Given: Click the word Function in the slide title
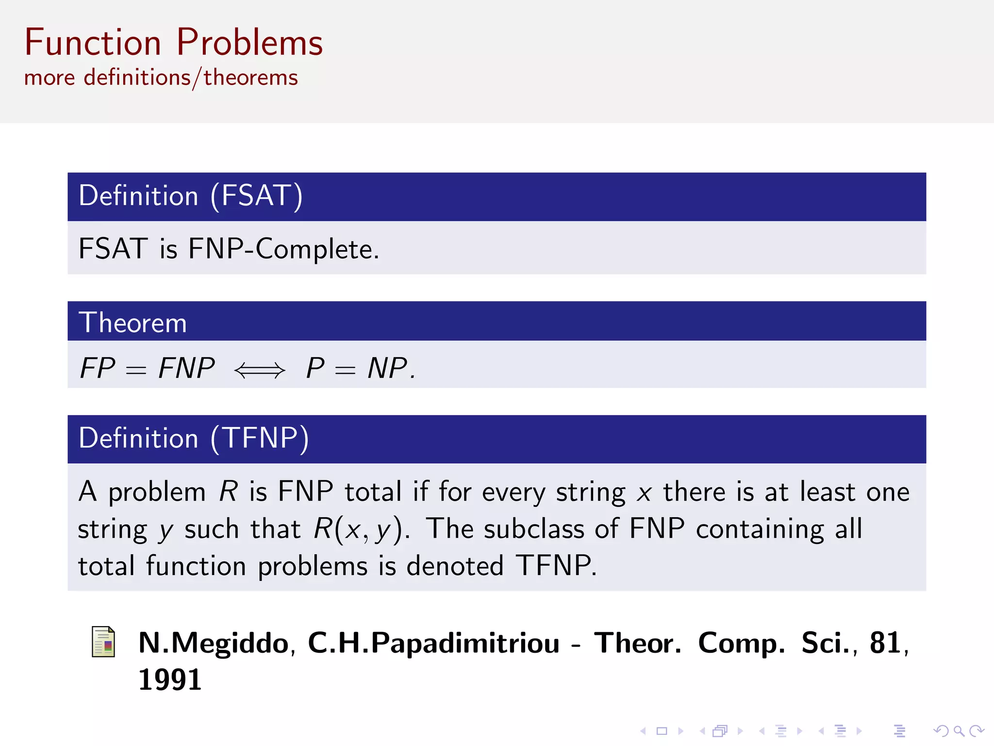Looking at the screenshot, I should pos(93,43).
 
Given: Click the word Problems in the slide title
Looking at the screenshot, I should pos(249,43).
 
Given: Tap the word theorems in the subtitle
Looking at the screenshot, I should pos(250,78).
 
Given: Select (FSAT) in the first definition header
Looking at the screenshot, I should pos(257,196).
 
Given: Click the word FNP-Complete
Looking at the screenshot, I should pos(283,249).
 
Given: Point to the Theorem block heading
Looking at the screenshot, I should pos(133,322).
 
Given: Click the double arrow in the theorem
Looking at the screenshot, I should pos(260,370).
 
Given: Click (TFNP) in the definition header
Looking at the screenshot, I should pos(260,438).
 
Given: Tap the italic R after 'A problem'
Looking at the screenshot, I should pos(228,492).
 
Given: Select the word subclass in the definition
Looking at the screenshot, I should pos(534,529).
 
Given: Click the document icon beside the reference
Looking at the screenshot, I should pos(103,642).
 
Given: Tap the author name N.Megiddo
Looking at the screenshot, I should pos(214,643).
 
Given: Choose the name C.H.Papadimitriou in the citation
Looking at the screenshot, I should pos(433,643).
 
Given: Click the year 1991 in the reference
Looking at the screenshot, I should pos(170,679).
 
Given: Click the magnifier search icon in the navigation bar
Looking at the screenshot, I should pos(959,730).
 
